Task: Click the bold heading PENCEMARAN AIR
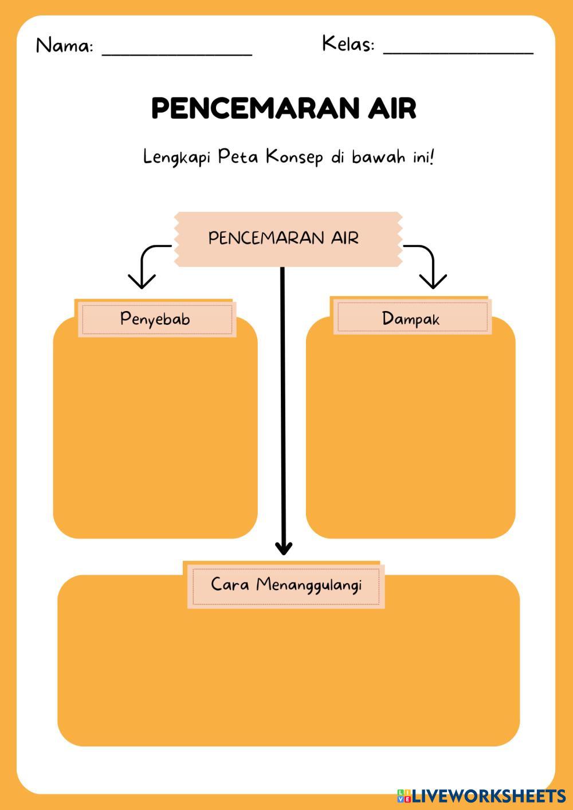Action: tap(284, 108)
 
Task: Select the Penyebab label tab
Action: tap(155, 319)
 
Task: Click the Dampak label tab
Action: tap(411, 318)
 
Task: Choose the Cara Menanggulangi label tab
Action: tap(286, 585)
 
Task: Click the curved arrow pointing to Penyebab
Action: tap(147, 264)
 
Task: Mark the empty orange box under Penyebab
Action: tap(155, 435)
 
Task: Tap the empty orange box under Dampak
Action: tap(410, 435)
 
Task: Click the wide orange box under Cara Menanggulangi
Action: tap(288, 676)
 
